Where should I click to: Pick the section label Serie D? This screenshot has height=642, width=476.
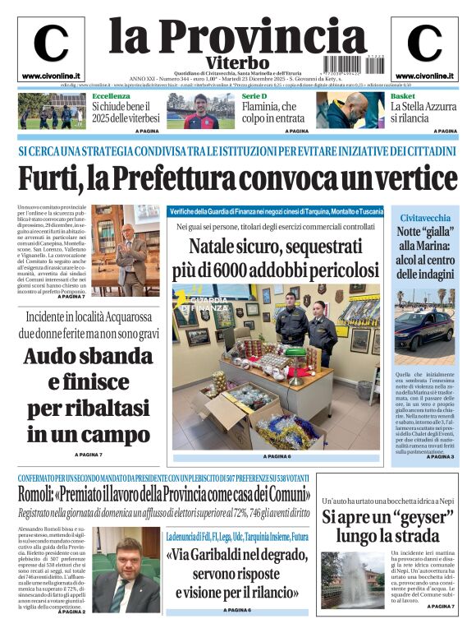254,96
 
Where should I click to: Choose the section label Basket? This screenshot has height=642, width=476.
402,96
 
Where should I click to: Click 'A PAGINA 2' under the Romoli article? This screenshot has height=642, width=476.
71,612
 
